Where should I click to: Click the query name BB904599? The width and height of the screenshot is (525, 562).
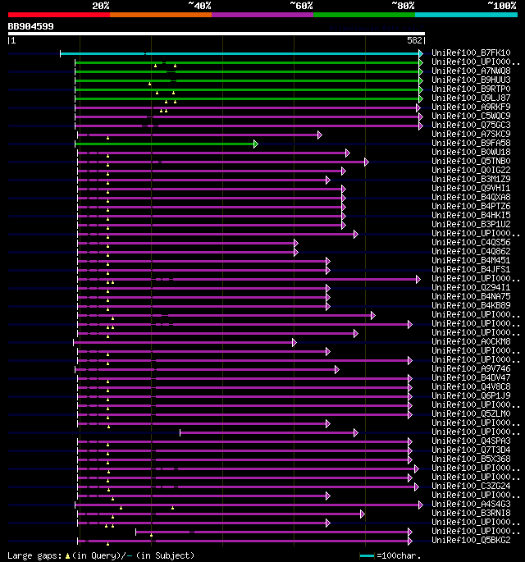click(31, 26)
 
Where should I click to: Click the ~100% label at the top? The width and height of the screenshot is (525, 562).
click(501, 5)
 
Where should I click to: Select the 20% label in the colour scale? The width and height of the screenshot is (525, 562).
click(101, 5)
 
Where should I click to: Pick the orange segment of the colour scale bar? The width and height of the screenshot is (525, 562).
click(160, 15)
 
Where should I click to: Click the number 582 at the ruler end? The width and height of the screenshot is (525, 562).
click(414, 39)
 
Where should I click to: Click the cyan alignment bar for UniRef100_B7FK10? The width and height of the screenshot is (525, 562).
click(246, 53)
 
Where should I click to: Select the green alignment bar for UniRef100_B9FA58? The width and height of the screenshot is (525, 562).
click(164, 144)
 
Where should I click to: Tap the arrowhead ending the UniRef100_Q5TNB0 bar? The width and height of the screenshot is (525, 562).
click(367, 162)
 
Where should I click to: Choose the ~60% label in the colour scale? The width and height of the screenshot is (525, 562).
click(301, 5)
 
